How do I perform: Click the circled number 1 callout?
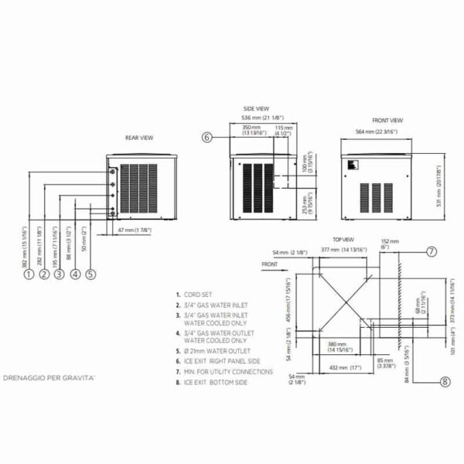[28, 274]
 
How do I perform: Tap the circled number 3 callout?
[59, 274]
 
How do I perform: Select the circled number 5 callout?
[90, 274]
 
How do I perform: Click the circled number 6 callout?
[207, 138]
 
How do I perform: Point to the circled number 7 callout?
[432, 251]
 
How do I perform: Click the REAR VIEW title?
[139, 138]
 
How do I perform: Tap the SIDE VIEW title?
[255, 110]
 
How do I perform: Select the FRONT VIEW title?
[387, 121]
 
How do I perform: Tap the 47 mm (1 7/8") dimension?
[134, 230]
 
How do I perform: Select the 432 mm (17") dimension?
[345, 367]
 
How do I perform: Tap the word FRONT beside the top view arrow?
[269, 264]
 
